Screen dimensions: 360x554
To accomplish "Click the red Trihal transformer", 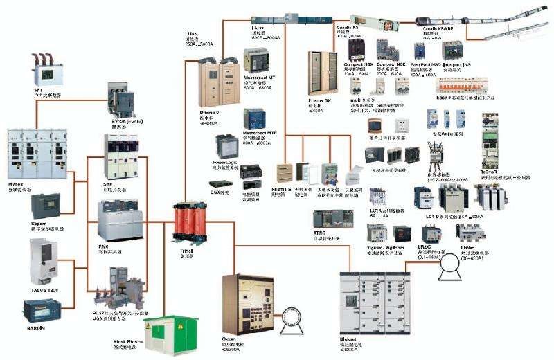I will click(188, 222).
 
